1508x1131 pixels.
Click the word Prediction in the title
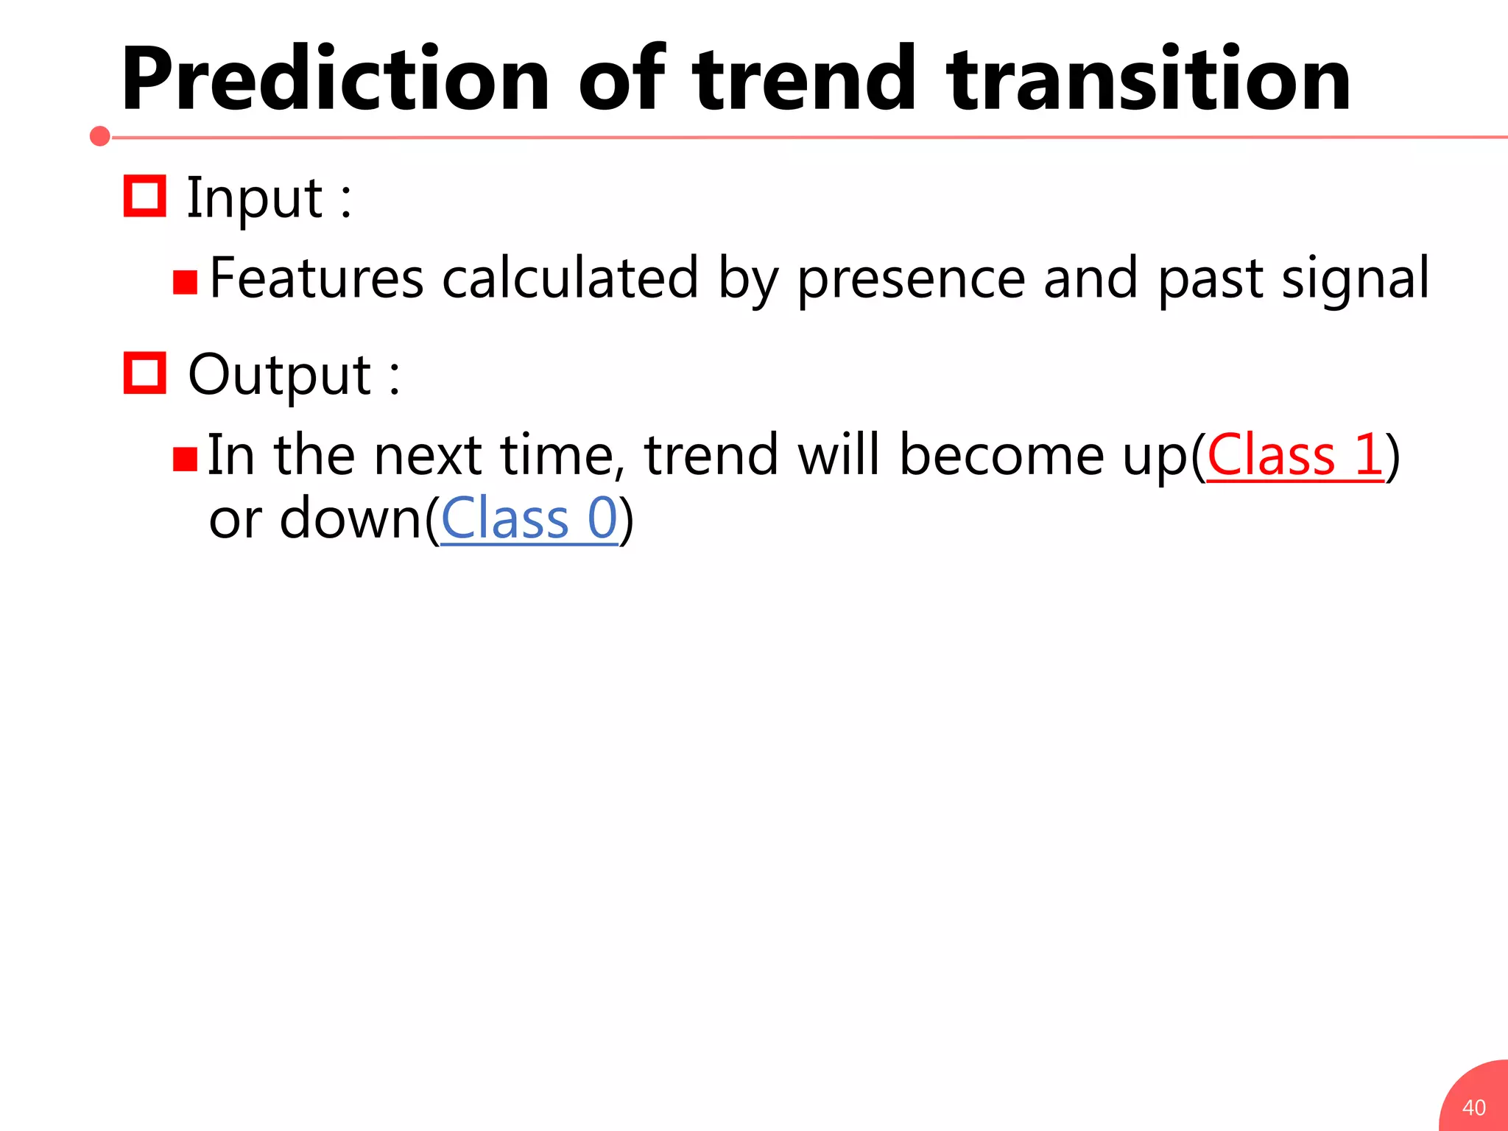point(335,80)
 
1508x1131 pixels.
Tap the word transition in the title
point(1149,80)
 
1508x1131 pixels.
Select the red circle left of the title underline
point(100,136)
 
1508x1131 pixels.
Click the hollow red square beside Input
point(144,196)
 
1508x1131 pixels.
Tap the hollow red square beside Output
point(144,373)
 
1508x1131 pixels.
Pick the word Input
point(254,199)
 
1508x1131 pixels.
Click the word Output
point(280,376)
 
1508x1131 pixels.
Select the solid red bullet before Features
point(185,283)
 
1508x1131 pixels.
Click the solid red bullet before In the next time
point(185,459)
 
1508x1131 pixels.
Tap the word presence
point(912,280)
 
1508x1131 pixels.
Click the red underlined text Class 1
point(1295,455)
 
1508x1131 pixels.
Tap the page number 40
point(1473,1107)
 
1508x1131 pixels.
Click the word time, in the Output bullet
point(557,455)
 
